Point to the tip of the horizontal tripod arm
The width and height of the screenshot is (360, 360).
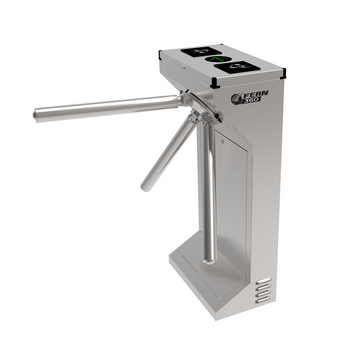[37, 115]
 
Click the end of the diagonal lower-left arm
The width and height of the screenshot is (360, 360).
[147, 186]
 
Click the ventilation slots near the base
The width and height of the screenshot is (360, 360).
[261, 291]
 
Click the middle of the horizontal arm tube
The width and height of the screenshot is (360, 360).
[110, 107]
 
